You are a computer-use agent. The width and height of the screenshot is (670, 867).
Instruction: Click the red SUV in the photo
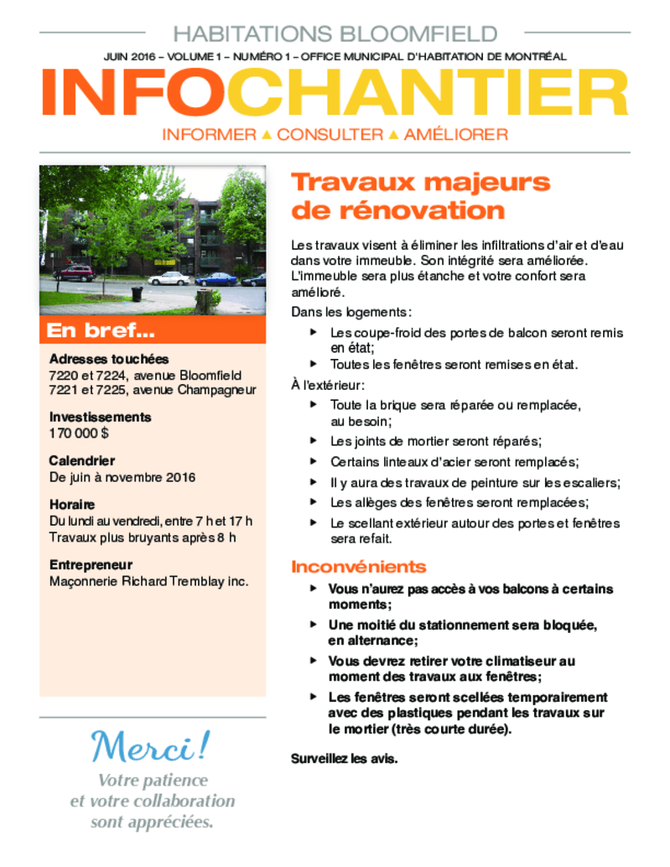(x=74, y=273)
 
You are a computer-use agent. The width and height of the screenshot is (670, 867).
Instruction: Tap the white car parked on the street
(x=169, y=278)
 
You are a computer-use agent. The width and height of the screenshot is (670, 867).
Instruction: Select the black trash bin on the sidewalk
(x=137, y=294)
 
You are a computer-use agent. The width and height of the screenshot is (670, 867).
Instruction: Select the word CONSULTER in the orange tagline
(x=330, y=134)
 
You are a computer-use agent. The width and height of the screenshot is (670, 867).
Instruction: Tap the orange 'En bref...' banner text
(x=101, y=330)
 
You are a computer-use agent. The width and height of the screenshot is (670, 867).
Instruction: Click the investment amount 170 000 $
(x=79, y=433)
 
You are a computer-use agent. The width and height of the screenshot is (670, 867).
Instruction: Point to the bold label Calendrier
(x=82, y=460)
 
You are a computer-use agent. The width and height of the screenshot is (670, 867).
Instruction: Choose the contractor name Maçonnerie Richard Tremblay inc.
(x=148, y=581)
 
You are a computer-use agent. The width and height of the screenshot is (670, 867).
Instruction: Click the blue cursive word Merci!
(x=150, y=746)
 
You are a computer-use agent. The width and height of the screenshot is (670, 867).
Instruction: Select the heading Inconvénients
(x=359, y=567)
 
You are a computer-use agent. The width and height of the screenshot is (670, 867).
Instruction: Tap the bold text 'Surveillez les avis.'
(x=345, y=759)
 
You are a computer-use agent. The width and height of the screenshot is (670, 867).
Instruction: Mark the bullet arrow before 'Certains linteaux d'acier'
(x=314, y=461)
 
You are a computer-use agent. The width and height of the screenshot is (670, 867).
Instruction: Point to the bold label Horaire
(x=72, y=504)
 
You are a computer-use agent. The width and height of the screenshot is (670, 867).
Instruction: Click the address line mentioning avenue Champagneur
(x=153, y=391)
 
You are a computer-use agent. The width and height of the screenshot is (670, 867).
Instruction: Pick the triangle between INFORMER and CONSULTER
(x=267, y=134)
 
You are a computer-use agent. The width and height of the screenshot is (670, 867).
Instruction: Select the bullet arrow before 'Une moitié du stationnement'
(x=314, y=625)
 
